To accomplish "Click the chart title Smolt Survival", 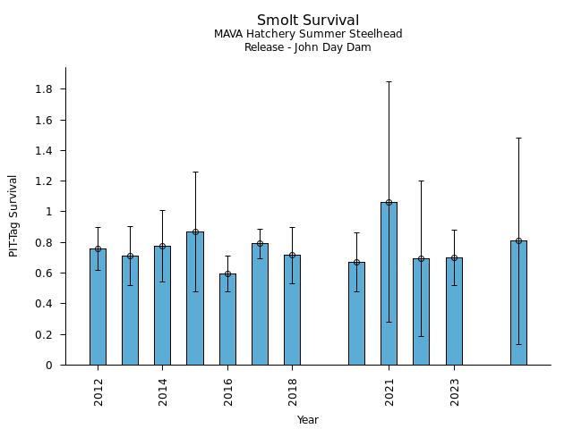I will [308, 21].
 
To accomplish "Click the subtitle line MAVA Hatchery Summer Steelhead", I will [308, 34].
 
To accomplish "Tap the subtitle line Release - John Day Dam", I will [308, 47].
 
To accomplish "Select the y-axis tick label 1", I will [51, 212].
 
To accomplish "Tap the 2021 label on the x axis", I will [389, 391].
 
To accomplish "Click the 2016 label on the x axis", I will [228, 391].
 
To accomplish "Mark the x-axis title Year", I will [308, 420].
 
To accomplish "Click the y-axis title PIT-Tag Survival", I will [13, 215].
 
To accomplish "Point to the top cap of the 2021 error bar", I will [389, 81].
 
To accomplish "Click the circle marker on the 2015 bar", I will [195, 231].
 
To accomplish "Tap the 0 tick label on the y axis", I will [51, 365].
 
